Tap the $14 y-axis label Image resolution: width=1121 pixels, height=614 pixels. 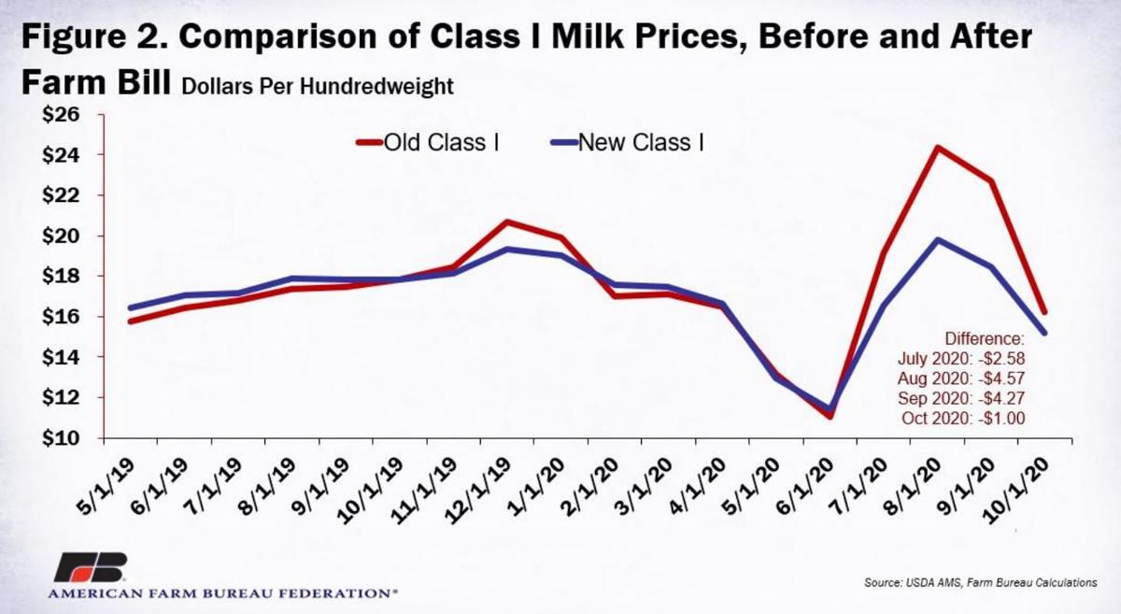click(x=64, y=358)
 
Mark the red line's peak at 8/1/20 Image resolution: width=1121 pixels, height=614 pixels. click(x=938, y=148)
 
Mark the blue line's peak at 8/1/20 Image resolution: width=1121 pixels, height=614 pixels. click(x=938, y=239)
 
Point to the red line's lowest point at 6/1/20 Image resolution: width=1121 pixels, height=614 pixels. click(x=830, y=416)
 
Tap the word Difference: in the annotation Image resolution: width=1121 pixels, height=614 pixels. click(x=985, y=337)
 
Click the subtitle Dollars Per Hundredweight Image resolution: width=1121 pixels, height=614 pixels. click(x=318, y=88)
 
